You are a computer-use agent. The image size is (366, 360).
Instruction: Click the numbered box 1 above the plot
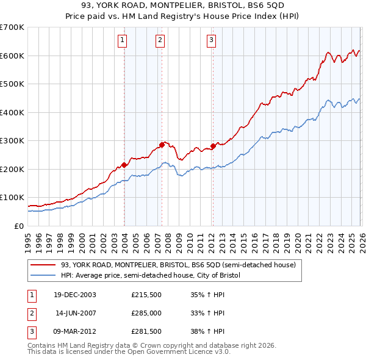click(x=123, y=41)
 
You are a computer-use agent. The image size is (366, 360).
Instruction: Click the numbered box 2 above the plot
click(x=160, y=41)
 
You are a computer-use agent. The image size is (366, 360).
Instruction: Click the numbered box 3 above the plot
click(x=211, y=41)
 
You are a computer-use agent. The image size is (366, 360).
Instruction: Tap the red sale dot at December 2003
click(x=124, y=165)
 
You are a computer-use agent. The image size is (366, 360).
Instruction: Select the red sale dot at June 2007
click(x=162, y=145)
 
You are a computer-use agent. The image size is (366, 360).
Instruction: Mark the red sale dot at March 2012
click(x=213, y=146)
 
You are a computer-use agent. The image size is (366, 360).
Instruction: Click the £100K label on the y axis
click(x=12, y=198)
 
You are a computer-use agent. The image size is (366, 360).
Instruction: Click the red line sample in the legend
click(x=43, y=265)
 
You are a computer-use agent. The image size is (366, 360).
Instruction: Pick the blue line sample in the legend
click(x=43, y=276)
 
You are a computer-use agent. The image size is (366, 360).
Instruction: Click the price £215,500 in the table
click(x=145, y=295)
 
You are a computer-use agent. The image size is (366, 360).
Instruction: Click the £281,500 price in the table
click(x=145, y=333)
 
